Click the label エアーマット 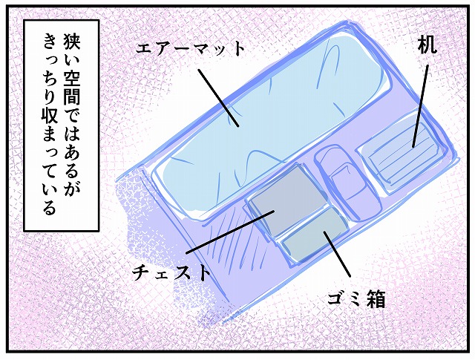190,48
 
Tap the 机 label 427,45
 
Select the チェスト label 171,272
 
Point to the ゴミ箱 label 356,299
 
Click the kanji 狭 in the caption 71,40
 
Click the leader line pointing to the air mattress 218,98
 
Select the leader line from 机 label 421,105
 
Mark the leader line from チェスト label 230,232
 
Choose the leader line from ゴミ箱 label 337,254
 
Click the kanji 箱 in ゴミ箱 376,299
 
